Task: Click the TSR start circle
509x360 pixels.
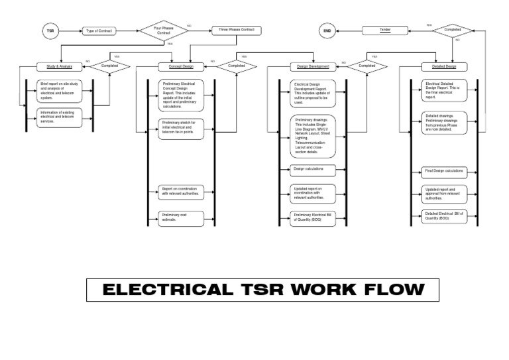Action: tap(50, 30)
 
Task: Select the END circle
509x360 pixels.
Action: tap(327, 30)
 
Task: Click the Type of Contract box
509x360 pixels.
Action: tap(100, 30)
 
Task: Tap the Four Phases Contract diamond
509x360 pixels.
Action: tap(163, 30)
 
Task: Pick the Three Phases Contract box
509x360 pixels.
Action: tap(236, 30)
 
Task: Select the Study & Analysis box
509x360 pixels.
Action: tap(60, 66)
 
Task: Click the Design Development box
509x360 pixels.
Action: tap(309, 66)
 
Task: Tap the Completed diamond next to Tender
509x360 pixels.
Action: tap(453, 30)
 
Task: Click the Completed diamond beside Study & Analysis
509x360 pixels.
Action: tap(109, 66)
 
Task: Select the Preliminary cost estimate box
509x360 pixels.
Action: tap(181, 216)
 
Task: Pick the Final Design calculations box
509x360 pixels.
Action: tap(444, 172)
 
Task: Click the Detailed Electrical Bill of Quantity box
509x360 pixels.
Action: tap(444, 215)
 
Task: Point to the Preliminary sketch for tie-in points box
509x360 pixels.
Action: tap(181, 127)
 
